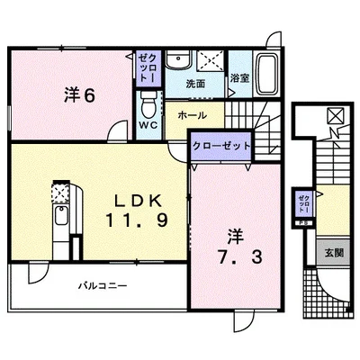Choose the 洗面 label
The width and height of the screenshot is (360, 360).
[x=196, y=83]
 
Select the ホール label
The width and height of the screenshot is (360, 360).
[x=193, y=116]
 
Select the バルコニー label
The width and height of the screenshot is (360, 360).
[x=102, y=285]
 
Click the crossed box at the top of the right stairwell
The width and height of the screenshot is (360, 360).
[x=334, y=115]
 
